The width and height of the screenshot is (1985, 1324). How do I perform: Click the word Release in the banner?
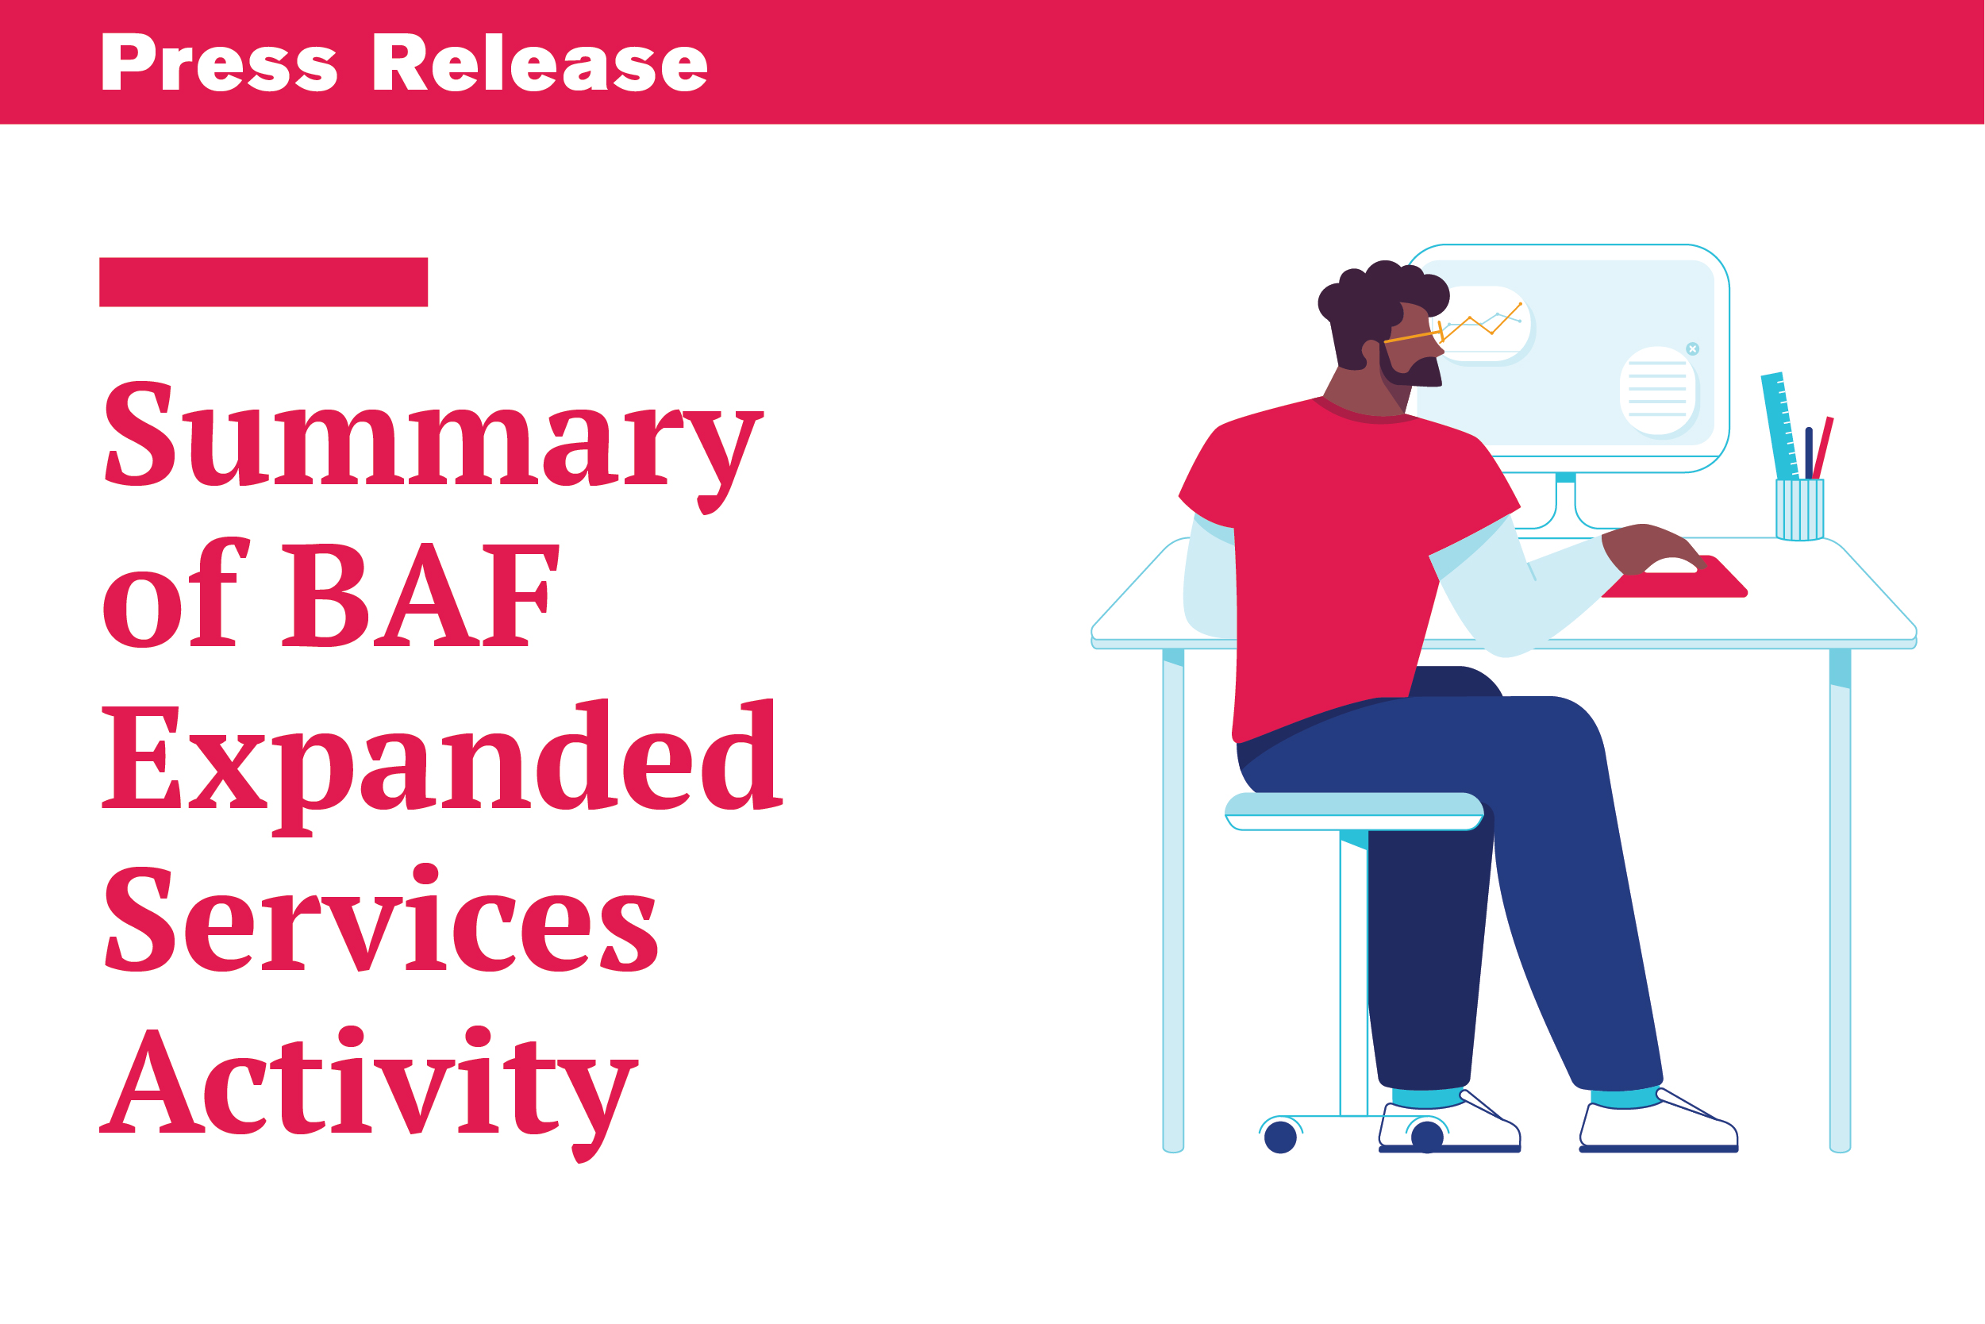(540, 63)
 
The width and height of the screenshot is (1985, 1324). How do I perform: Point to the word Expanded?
(441, 767)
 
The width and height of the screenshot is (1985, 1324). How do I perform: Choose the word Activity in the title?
(369, 1093)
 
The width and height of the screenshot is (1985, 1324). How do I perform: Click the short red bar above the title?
(264, 282)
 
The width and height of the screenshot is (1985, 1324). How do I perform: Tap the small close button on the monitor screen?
(1693, 348)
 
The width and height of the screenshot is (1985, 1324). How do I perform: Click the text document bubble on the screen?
(1658, 391)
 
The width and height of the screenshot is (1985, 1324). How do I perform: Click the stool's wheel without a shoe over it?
(1281, 1137)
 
